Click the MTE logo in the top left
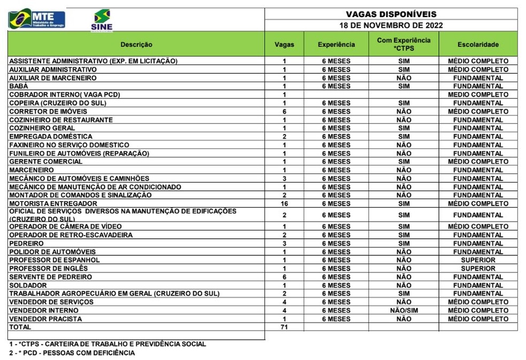coord(36,19)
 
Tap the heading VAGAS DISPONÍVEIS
coord(391,14)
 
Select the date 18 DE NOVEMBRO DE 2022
coord(391,25)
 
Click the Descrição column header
coord(136,44)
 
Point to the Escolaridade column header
coord(478,44)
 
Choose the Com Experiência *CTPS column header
coord(404,44)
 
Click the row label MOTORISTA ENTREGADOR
coord(53,204)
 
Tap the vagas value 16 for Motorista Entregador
coord(284,204)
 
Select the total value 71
coord(284,327)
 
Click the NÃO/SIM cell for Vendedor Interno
coord(404,310)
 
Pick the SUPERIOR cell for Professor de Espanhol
coord(478,260)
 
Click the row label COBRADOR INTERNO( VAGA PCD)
coord(65,95)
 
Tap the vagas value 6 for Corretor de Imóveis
coord(284,111)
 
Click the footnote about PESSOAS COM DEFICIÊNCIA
coord(72,353)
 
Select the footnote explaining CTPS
coord(107,344)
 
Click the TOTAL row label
coord(20,327)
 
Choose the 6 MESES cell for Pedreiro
coord(336,244)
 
